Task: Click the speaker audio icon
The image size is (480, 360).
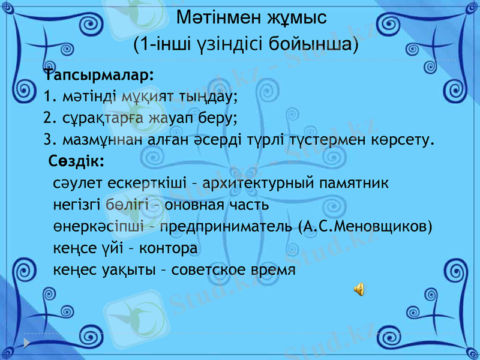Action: click(x=358, y=289)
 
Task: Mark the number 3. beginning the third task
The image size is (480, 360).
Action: click(x=49, y=140)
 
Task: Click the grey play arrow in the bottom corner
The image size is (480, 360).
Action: click(x=28, y=343)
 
